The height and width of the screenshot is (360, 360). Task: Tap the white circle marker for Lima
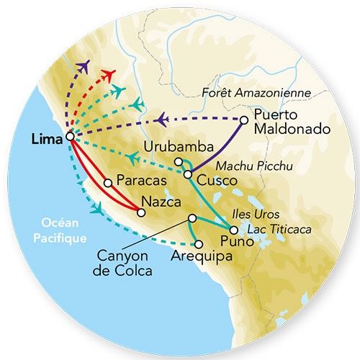pyautogui.click(x=70, y=135)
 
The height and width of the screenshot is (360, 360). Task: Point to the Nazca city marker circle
pyautogui.click(x=141, y=212)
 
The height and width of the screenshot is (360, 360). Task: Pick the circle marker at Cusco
pyautogui.click(x=187, y=174)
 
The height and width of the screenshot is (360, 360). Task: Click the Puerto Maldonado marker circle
pyautogui.click(x=245, y=120)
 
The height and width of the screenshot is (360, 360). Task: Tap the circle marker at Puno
pyautogui.click(x=233, y=230)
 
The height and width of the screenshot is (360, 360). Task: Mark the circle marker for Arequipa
pyautogui.click(x=198, y=244)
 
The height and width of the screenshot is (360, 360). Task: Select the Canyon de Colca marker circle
pyautogui.click(x=192, y=218)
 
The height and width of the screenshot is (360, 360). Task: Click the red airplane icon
pyautogui.click(x=108, y=75)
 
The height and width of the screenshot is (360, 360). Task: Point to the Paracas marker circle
pyautogui.click(x=108, y=182)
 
